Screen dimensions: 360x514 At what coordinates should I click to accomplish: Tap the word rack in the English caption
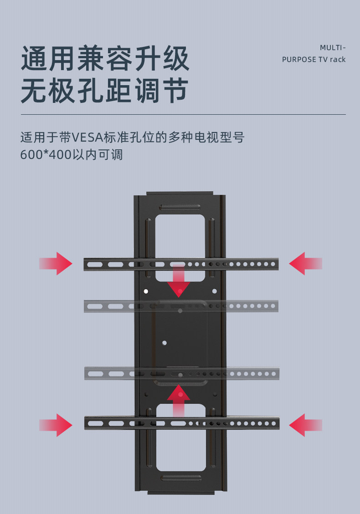[x=338, y=60]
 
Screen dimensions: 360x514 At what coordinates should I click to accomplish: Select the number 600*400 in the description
[x=46, y=155]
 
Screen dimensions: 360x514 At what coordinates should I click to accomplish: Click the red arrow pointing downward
[x=179, y=282]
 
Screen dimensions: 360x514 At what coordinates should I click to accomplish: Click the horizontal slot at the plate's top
[x=180, y=207]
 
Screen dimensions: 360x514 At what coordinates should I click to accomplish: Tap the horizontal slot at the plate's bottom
[x=180, y=478]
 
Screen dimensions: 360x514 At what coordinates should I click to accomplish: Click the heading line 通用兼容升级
[x=105, y=59]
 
